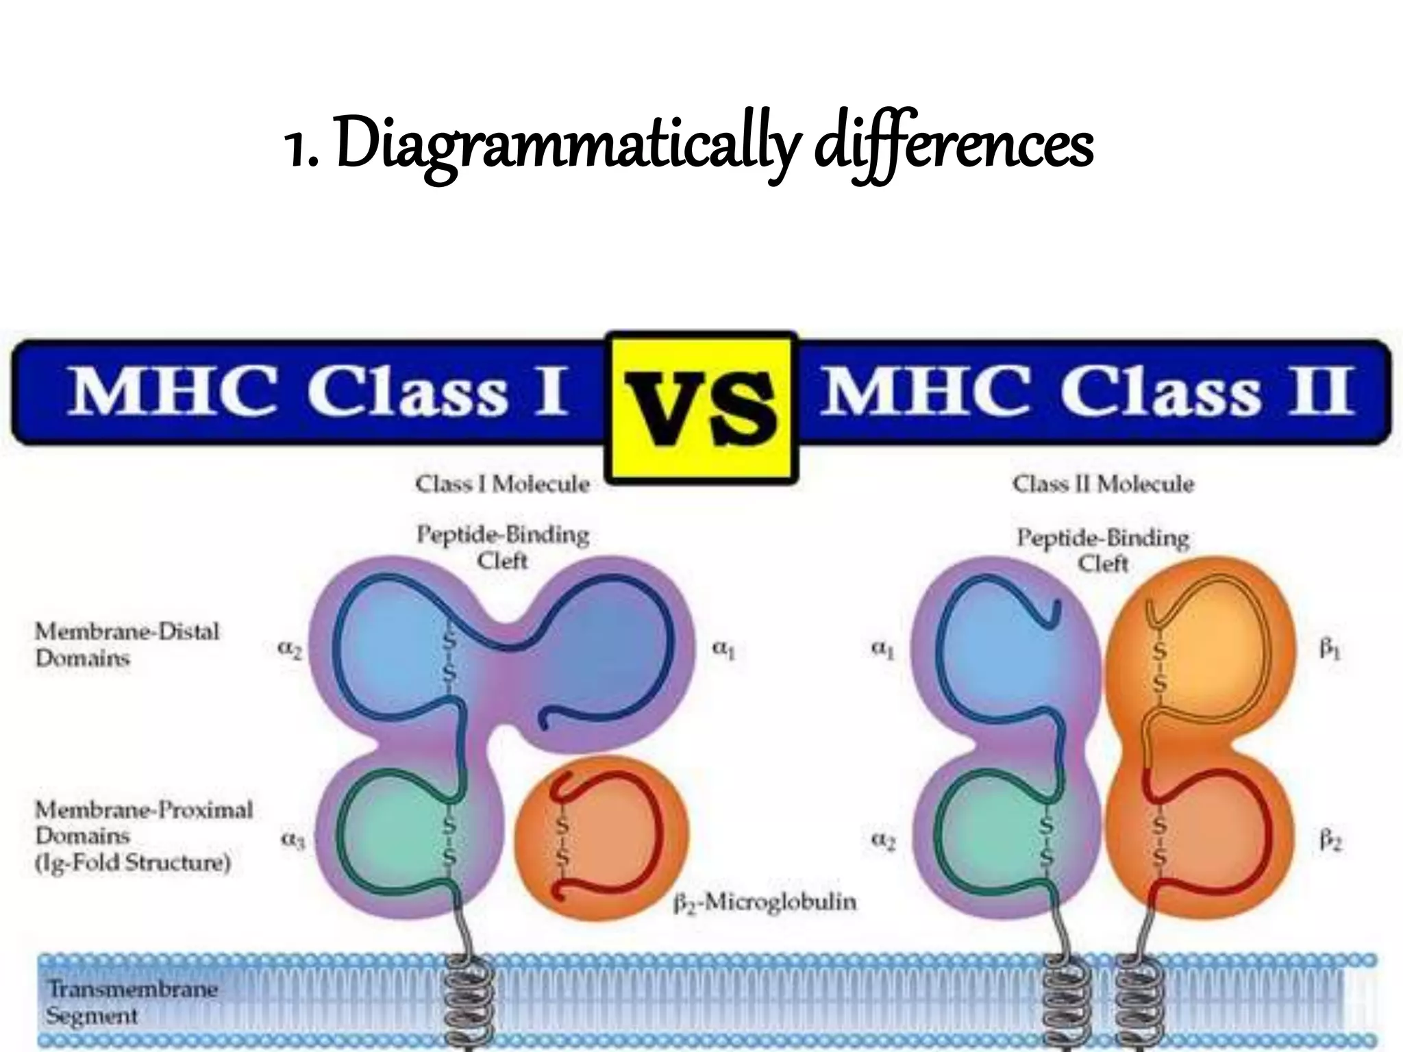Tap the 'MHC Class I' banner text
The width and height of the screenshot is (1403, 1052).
317,392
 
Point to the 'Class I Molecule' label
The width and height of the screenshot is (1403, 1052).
502,484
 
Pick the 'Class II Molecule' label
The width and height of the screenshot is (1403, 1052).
1103,484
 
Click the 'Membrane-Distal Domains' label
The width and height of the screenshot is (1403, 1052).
127,644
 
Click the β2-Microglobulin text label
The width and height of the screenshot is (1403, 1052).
765,902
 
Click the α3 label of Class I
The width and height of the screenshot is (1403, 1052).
291,840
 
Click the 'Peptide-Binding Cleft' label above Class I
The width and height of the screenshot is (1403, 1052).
503,547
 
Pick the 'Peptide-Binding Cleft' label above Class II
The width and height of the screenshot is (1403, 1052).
1102,550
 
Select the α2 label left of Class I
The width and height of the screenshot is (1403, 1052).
290,650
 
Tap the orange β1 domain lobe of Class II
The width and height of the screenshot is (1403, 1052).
1206,651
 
